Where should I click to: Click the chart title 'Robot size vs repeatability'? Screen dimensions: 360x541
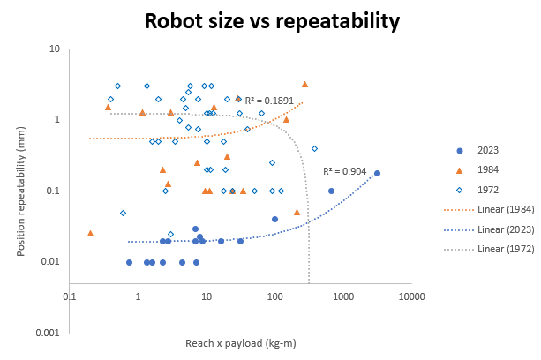coord(270,20)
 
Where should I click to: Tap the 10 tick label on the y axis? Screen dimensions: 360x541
coord(54,49)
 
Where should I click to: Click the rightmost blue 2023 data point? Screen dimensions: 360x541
coord(377,173)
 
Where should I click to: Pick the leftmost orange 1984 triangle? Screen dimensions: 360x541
coord(90,233)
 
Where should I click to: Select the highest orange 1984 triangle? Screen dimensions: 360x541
coord(304,84)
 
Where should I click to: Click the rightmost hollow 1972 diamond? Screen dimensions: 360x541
coord(314,148)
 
